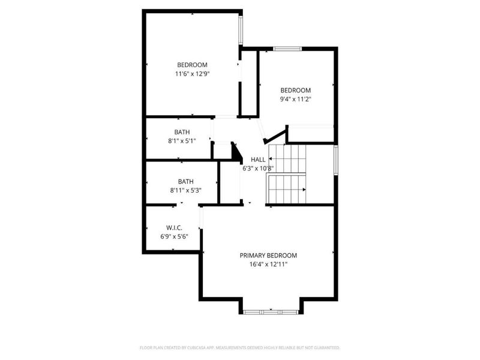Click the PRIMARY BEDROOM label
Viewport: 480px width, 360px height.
(268, 255)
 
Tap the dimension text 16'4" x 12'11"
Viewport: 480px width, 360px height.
(268, 264)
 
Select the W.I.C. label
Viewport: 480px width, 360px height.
(174, 228)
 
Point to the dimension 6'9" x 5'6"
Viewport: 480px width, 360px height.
(174, 237)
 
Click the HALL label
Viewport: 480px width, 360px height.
(258, 159)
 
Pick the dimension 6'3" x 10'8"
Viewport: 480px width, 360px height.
(258, 168)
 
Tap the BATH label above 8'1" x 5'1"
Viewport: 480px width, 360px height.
(182, 132)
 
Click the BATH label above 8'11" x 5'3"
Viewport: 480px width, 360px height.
(185, 181)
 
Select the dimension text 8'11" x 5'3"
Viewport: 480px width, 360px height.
(185, 190)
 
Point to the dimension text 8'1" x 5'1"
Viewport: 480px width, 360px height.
(182, 141)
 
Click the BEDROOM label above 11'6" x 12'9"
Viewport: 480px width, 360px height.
(192, 65)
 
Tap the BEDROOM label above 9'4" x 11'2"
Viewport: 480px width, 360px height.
(296, 90)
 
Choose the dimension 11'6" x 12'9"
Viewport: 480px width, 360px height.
(192, 74)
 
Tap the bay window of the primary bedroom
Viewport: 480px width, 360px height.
(271, 311)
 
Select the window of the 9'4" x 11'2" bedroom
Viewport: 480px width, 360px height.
(287, 48)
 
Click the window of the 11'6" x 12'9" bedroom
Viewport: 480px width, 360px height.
(241, 29)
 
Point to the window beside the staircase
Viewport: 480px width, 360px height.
(335, 160)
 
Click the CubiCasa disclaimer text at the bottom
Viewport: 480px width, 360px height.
(240, 347)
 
